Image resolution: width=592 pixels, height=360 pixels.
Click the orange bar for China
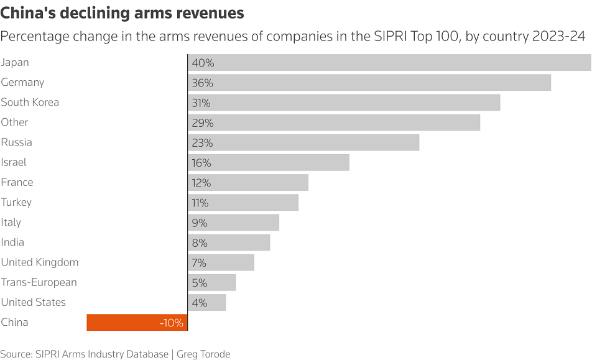tap(137, 322)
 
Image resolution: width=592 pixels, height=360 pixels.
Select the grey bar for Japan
tap(389, 63)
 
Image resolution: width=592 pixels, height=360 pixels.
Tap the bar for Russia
tap(303, 142)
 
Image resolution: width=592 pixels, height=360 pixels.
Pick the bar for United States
tap(206, 303)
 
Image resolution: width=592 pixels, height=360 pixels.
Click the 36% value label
tap(203, 83)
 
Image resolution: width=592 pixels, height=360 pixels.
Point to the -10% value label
tap(171, 323)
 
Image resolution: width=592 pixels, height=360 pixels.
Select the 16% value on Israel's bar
tap(202, 163)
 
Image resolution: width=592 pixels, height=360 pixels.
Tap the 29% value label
tap(203, 123)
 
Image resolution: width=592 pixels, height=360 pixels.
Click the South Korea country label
tap(30, 102)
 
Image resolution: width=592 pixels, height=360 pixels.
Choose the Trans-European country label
tap(39, 282)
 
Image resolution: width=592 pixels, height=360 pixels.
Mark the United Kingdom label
tap(40, 262)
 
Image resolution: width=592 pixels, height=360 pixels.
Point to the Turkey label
tap(16, 202)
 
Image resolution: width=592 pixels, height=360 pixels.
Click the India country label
tap(12, 242)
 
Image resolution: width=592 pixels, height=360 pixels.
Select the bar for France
tap(248, 183)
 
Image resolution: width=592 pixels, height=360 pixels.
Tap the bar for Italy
tap(233, 223)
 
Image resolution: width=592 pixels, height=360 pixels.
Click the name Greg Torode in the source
tap(203, 354)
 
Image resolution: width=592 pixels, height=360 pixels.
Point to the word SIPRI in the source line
tap(49, 354)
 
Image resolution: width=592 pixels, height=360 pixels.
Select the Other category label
tap(14, 122)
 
